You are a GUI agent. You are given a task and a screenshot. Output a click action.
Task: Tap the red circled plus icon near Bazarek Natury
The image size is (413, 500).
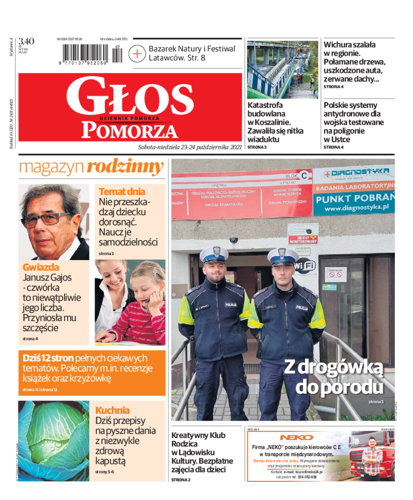(137, 54)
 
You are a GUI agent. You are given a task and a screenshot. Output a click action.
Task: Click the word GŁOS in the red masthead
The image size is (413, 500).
(129, 96)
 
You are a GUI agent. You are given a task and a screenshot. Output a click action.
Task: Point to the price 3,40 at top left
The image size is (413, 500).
(26, 41)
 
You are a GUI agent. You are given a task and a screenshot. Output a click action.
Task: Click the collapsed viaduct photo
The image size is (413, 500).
(282, 70)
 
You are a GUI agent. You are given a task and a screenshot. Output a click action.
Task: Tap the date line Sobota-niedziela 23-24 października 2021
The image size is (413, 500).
(190, 147)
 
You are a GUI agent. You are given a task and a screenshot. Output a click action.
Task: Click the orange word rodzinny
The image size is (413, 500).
(125, 167)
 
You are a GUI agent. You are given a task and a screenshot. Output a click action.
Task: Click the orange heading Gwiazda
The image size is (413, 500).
(41, 267)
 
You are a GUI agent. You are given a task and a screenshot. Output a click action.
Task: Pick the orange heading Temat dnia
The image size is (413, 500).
(122, 191)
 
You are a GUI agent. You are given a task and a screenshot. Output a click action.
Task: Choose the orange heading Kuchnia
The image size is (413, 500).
(113, 410)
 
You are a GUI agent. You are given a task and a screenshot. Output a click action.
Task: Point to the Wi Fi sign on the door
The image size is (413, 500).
(305, 266)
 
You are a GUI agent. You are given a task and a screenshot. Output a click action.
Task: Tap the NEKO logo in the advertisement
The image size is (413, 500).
(297, 437)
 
